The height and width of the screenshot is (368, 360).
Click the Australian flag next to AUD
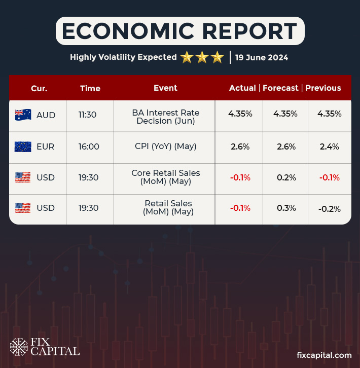pyautogui.click(x=23, y=115)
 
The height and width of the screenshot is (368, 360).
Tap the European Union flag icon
pyautogui.click(x=23, y=147)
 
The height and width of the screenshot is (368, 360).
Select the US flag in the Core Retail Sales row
pyautogui.click(x=23, y=178)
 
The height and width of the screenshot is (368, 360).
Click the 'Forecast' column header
pyautogui.click(x=280, y=88)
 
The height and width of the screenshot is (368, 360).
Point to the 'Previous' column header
pyautogui.click(x=323, y=88)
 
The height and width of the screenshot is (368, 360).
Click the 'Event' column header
pyautogui.click(x=165, y=88)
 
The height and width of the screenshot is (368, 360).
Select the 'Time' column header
pyautogui.click(x=90, y=88)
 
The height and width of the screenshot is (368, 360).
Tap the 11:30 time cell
pyautogui.click(x=88, y=115)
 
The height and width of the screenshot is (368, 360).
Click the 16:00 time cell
pyautogui.click(x=89, y=147)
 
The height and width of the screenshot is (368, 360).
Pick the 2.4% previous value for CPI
pyautogui.click(x=329, y=147)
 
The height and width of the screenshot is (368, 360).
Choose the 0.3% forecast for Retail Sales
pyautogui.click(x=285, y=208)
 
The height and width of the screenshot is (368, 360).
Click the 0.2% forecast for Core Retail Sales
pyautogui.click(x=285, y=178)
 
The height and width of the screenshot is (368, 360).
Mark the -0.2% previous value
pyautogui.click(x=329, y=208)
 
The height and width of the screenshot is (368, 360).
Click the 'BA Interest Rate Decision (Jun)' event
pyautogui.click(x=165, y=117)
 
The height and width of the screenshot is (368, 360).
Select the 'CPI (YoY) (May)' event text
pyautogui.click(x=165, y=147)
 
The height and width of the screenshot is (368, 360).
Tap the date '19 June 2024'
pyautogui.click(x=262, y=58)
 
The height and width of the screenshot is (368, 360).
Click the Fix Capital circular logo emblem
pyautogui.click(x=19, y=347)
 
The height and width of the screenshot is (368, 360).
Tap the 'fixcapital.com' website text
pyautogui.click(x=323, y=356)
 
